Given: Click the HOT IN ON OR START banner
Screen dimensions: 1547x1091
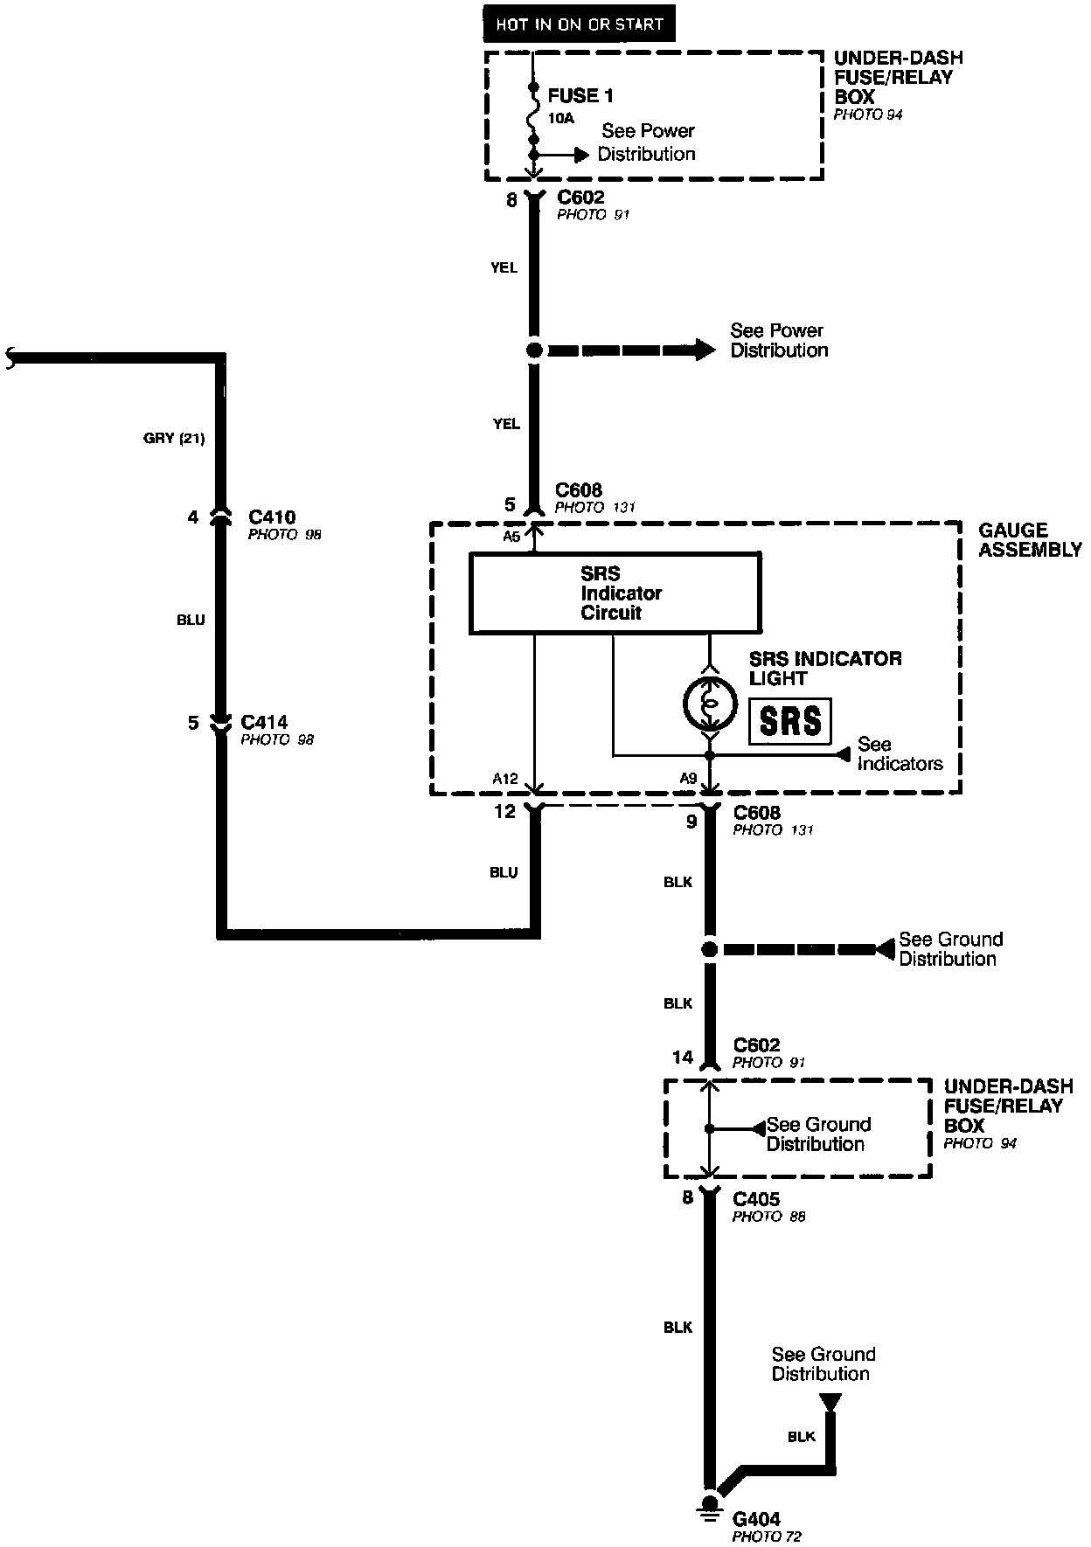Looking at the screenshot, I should [580, 24].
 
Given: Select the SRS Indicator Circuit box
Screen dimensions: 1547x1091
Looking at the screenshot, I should [615, 593].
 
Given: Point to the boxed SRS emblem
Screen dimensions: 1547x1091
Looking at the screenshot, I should [790, 721].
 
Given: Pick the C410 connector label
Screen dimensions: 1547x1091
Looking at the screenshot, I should [272, 517].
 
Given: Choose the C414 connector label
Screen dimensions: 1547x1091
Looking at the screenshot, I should [265, 722].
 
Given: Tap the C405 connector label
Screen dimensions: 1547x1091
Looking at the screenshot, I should [756, 1199].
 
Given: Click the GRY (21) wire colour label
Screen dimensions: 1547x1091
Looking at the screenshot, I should [174, 438].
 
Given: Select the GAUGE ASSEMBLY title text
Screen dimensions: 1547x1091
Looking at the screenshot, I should [1030, 539].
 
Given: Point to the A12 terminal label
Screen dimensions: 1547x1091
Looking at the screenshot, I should [504, 779].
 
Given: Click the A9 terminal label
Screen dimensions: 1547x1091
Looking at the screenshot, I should [688, 779].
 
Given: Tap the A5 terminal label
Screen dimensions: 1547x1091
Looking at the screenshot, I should [512, 537].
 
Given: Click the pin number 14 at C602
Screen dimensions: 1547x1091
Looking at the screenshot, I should [682, 1058].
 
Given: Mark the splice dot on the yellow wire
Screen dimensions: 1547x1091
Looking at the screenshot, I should [533, 350].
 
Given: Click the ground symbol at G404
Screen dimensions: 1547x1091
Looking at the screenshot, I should [709, 1505].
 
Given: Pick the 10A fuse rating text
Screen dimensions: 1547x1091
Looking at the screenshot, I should [561, 118].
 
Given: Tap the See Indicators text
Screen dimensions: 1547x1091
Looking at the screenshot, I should [899, 754].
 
